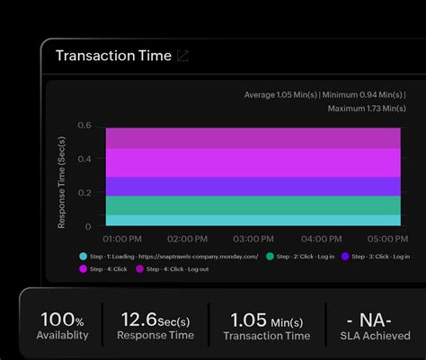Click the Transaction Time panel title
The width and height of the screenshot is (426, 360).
[113, 56]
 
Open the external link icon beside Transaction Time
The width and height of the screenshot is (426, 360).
[182, 56]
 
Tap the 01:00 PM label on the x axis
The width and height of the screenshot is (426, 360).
[122, 240]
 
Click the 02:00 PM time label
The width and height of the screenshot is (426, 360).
[187, 240]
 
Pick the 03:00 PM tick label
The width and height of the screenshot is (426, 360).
[253, 240]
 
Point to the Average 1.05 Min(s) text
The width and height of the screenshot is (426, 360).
[281, 94]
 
